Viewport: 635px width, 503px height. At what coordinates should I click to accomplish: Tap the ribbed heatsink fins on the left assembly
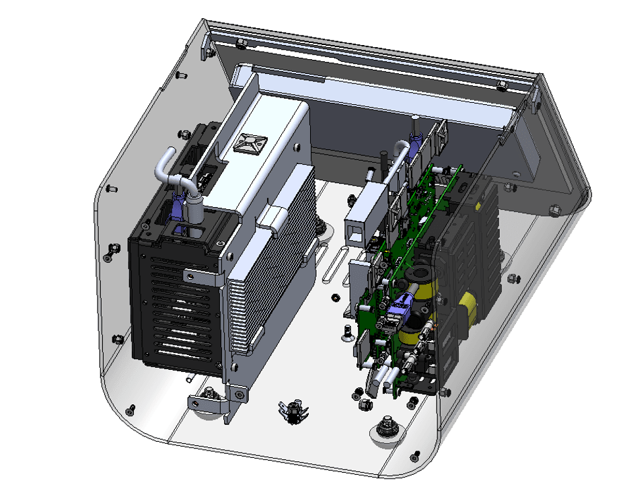click(x=269, y=269)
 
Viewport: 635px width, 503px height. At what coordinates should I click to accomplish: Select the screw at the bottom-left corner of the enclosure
click(x=130, y=410)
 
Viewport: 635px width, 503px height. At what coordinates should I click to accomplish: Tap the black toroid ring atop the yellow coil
click(x=422, y=276)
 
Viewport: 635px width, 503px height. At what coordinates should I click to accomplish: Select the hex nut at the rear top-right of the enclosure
click(x=501, y=85)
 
